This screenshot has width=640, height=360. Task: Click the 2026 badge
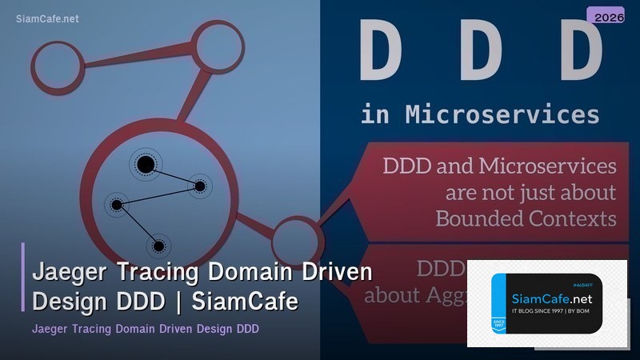click(610, 16)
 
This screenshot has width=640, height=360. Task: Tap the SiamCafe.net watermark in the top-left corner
click(47, 19)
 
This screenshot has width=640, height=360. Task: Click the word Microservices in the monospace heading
click(502, 114)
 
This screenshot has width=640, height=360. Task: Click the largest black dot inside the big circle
click(145, 165)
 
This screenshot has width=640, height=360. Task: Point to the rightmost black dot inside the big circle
click(200, 186)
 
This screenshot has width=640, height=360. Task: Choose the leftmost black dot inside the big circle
click(117, 205)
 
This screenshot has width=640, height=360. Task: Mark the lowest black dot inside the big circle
click(158, 246)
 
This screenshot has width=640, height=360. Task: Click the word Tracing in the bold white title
click(157, 273)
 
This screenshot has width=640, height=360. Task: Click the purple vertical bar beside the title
click(23, 277)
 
